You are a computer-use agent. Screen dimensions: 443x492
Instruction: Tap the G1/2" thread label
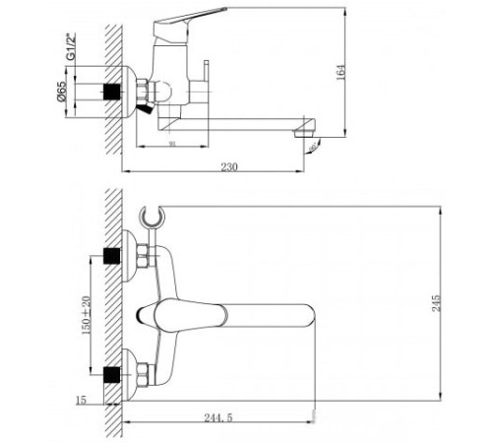[70, 46]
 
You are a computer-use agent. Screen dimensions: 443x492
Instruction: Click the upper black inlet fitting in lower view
[115, 257]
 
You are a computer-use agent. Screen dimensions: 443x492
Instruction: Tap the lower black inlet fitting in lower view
[115, 375]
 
